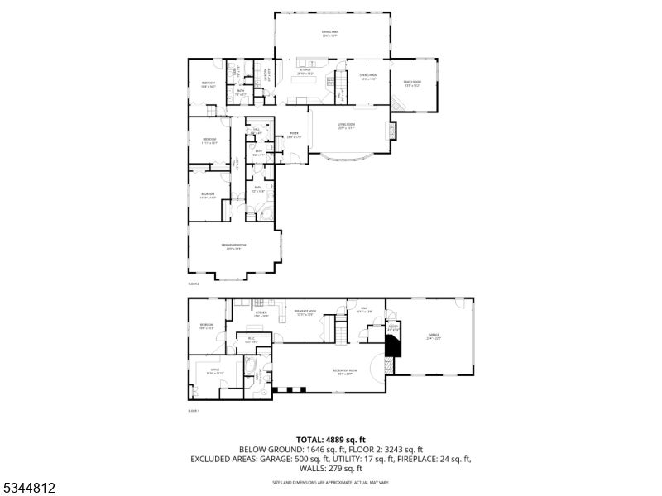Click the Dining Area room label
330,33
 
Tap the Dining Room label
368,77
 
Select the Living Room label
347,127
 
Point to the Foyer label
294,135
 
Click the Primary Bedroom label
234,246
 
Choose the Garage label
433,336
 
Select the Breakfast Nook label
306,312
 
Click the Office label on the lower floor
214,371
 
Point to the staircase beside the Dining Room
339,83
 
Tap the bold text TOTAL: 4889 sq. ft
330,440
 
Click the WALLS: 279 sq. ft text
330,468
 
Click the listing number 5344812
30,488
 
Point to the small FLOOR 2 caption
194,283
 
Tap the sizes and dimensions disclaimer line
330,482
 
